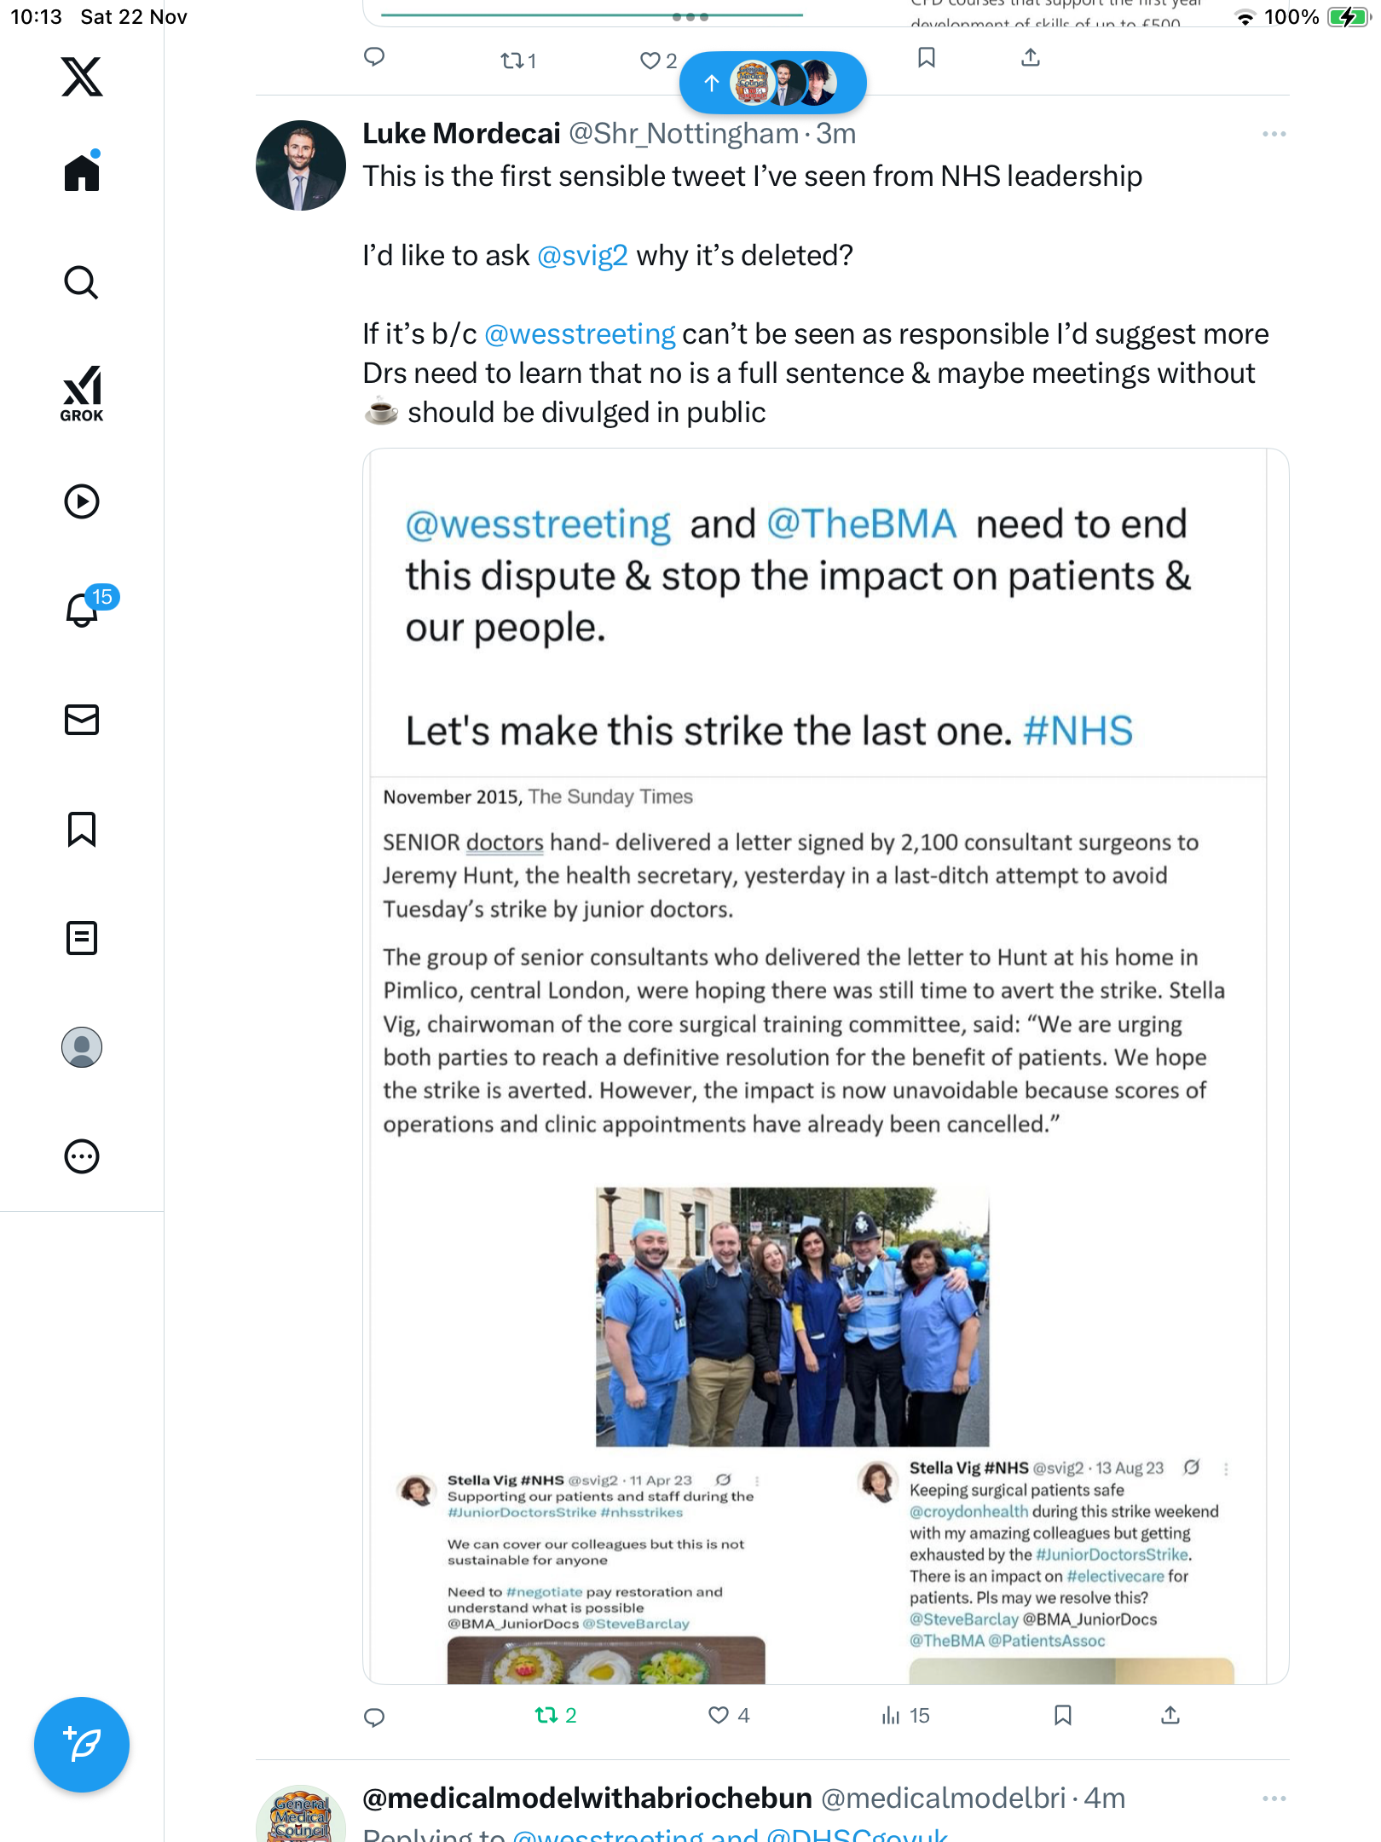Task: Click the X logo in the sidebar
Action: [x=82, y=77]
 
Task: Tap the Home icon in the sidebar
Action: [x=82, y=173]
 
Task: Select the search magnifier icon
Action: [x=82, y=282]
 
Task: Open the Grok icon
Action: [x=82, y=393]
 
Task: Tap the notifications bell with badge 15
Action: [x=83, y=609]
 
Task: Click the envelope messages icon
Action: [x=82, y=720]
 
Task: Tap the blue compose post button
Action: [x=82, y=1745]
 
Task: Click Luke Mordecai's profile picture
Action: [x=301, y=165]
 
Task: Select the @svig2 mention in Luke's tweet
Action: [x=582, y=256]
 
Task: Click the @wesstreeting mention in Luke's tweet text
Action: [x=580, y=334]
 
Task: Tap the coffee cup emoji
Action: [x=381, y=413]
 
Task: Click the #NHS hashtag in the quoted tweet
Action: [x=1078, y=731]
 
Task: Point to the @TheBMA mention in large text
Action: [x=861, y=524]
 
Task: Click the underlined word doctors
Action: [x=505, y=843]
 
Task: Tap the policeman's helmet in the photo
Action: [x=861, y=1229]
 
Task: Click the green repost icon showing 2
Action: [x=546, y=1715]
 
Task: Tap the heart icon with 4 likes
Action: [x=719, y=1715]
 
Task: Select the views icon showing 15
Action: [x=891, y=1715]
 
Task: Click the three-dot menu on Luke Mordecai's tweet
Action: [x=1274, y=134]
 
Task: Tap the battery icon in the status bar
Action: [x=1347, y=17]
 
